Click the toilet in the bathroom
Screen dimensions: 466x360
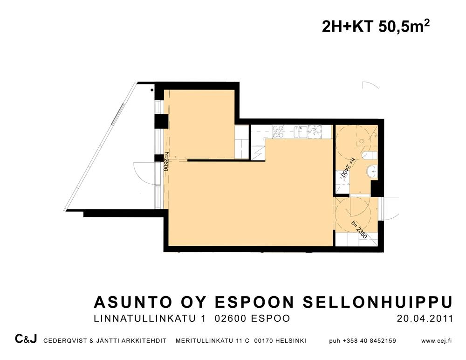[370, 155]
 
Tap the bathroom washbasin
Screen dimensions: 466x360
[372, 172]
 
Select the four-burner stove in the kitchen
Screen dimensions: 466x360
[279, 132]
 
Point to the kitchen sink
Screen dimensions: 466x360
[300, 132]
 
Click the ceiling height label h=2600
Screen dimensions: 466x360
[166, 161]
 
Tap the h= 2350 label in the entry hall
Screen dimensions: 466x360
[359, 229]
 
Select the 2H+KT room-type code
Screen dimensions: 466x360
[348, 27]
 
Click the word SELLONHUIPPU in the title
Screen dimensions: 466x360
[378, 302]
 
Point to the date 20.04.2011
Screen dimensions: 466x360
[425, 318]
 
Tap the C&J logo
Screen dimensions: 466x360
[26, 339]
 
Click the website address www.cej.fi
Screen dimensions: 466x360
[436, 341]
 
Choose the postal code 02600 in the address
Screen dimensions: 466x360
[230, 318]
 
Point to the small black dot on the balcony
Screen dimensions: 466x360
[152, 90]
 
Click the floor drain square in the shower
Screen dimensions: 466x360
[362, 141]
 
